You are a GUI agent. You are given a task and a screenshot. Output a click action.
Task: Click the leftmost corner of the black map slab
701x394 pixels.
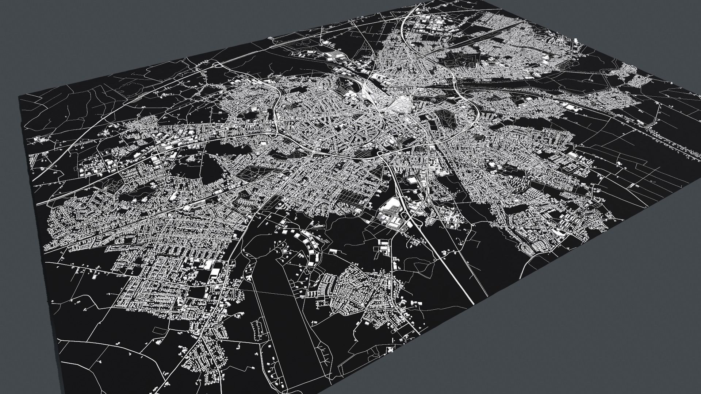[x=19, y=96]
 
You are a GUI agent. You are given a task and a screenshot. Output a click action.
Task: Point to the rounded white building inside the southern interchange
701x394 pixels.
[x=412, y=180]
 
